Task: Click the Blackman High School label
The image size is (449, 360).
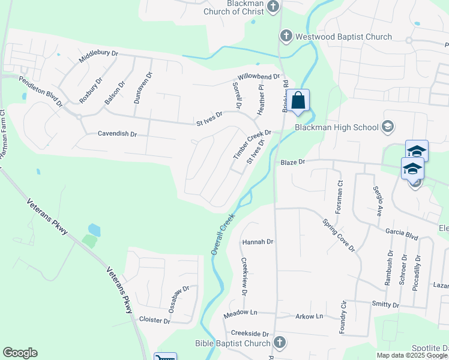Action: click(x=336, y=127)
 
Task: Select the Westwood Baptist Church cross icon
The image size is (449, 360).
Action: click(x=286, y=37)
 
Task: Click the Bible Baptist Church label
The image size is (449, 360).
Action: click(x=233, y=344)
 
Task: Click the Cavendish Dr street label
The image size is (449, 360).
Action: click(x=118, y=134)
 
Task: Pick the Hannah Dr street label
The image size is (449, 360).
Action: click(x=258, y=242)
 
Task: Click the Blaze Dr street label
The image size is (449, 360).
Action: click(x=293, y=162)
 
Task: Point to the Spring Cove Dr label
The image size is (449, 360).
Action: click(x=339, y=235)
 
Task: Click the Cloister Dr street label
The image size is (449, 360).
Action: click(x=154, y=320)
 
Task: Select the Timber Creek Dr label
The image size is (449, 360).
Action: click(x=252, y=145)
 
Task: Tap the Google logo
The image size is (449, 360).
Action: click(x=20, y=353)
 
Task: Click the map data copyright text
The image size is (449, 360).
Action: click(x=412, y=355)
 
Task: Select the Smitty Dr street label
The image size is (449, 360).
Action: click(x=385, y=305)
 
